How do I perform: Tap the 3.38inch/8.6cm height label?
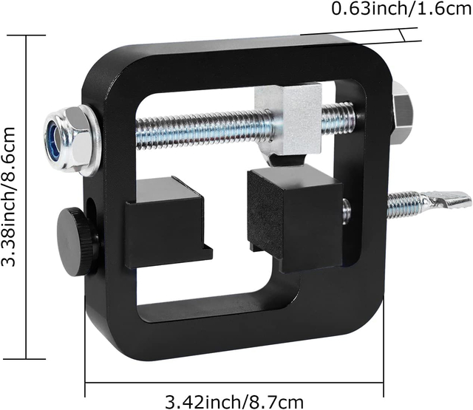pyautogui.click(x=10, y=197)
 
